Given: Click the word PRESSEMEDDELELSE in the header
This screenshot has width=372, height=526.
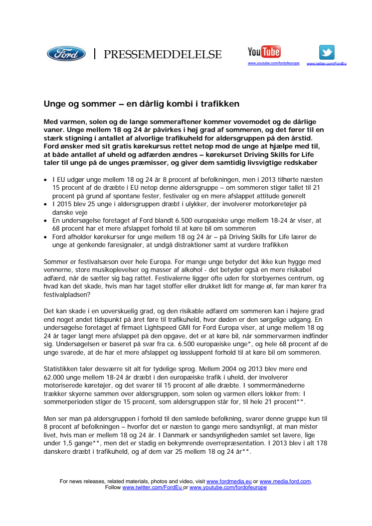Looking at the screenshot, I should click(x=163, y=54).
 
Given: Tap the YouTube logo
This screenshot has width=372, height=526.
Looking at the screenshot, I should click(x=264, y=51).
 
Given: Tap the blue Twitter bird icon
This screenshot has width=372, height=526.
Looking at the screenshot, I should click(x=327, y=52).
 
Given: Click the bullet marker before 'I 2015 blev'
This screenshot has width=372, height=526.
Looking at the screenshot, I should click(x=46, y=204).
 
